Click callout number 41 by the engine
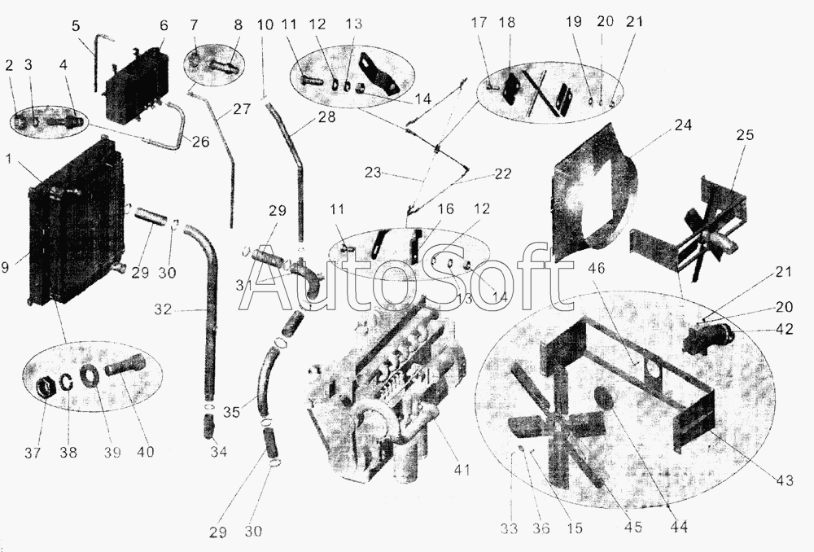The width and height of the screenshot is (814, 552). click(462, 470)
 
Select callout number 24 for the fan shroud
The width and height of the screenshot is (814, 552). click(683, 126)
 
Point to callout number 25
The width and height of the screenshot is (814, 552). click(745, 135)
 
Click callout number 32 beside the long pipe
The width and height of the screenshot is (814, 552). click(163, 310)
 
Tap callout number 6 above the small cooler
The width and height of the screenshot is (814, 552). click(164, 26)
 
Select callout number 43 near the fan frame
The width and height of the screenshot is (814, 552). click(785, 480)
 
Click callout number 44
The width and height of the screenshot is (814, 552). click(679, 527)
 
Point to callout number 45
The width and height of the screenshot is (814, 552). click(633, 527)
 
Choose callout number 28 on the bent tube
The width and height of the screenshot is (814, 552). click(326, 117)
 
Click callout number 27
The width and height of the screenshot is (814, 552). click(242, 110)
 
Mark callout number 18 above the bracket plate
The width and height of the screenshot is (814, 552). click(507, 23)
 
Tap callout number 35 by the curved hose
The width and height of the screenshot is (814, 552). click(231, 412)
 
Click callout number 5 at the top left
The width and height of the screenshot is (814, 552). click(77, 26)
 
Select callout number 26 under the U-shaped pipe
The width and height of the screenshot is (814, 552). click(200, 141)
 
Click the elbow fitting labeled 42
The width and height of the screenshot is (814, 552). click(709, 339)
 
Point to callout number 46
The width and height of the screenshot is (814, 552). click(597, 268)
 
